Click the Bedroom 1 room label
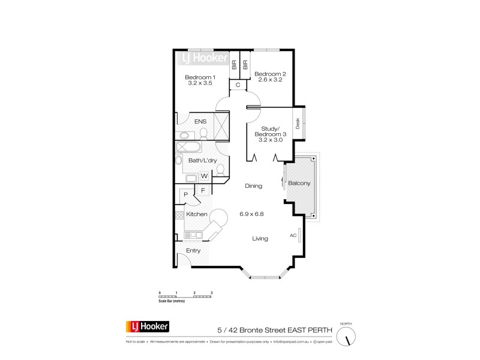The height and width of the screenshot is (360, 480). (x=200, y=80)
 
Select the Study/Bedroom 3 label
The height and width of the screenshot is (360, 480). (x=271, y=136)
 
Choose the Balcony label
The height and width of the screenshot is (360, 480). (x=299, y=182)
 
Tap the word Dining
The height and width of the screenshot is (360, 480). (x=254, y=186)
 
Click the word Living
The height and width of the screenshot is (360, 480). (x=259, y=238)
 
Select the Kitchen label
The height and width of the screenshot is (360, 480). (x=197, y=214)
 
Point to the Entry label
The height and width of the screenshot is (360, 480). (x=193, y=250)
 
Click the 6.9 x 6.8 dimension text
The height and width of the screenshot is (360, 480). (x=252, y=214)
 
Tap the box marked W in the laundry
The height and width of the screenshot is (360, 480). (x=204, y=176)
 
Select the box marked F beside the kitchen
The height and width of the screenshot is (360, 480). (x=203, y=191)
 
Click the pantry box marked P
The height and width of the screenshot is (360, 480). (x=186, y=194)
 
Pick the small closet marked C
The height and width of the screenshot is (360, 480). (x=238, y=85)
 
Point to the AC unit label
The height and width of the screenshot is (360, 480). (x=293, y=235)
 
